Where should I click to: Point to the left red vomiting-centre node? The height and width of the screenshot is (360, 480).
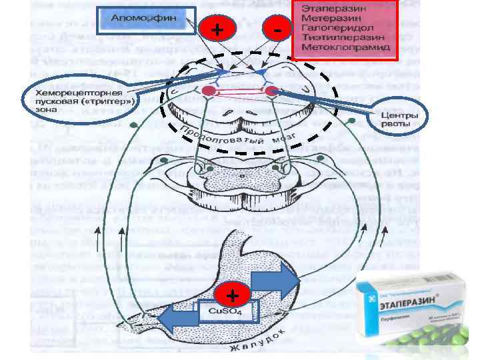click(x=208, y=89)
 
